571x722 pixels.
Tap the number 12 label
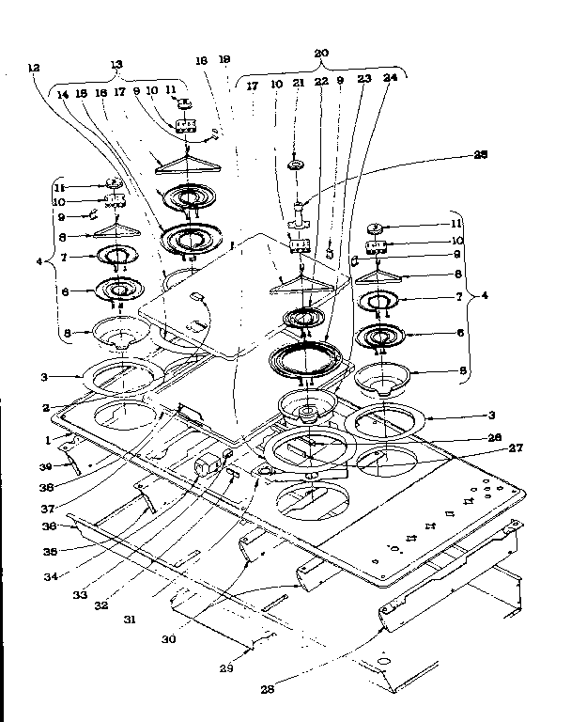pos(35,67)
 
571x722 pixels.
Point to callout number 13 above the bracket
pos(116,64)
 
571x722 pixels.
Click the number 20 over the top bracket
pos(321,55)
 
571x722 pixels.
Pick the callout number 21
pos(299,85)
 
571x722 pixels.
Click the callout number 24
pos(390,79)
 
